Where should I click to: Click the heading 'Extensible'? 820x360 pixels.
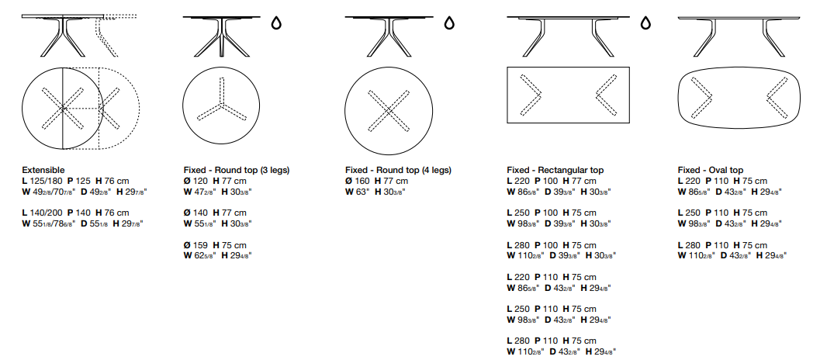[43, 170]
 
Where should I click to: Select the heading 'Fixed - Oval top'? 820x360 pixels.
[710, 170]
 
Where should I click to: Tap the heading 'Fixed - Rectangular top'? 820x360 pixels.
[555, 170]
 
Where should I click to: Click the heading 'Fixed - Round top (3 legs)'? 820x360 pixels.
[237, 170]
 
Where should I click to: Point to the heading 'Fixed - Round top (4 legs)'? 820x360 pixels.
[398, 170]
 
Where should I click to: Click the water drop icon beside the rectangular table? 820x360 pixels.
[646, 23]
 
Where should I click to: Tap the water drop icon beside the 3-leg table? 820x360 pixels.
[275, 23]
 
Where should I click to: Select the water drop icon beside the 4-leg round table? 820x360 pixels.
[448, 23]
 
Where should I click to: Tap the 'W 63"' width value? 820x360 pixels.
[357, 192]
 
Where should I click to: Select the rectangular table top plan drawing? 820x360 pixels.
[568, 67]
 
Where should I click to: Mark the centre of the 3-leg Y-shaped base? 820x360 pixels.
[221, 106]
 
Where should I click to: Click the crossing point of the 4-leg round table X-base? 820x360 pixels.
[389, 111]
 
